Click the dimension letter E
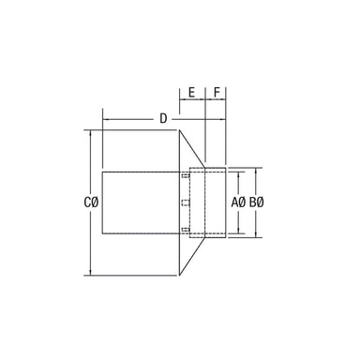[192, 93]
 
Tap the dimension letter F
[217, 93]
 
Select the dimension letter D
[163, 119]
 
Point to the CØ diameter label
[91, 202]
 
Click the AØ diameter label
[239, 202]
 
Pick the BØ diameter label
[257, 202]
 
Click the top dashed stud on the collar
[186, 176]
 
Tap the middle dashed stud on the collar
[186, 203]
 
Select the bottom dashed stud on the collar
[186, 231]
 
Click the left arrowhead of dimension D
[105, 119]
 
